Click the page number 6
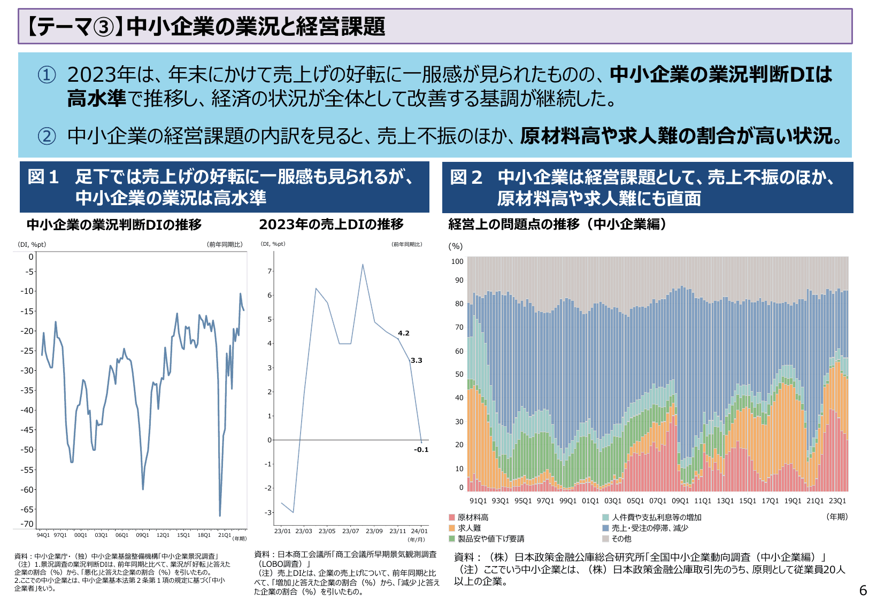coord(863,590)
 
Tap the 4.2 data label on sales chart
coord(403,333)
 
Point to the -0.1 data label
coord(421,450)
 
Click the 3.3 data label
coord(416,361)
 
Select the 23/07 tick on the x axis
coord(350,531)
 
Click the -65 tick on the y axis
coord(27,510)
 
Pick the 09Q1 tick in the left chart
coord(142,535)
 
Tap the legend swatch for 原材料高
coord(452,517)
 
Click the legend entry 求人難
coord(469,528)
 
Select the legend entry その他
coord(621,538)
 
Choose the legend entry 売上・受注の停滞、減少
coord(650,528)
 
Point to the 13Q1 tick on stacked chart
coord(725,501)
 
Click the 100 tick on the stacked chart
coord(457,261)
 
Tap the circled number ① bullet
coord(47,75)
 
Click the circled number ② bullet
coord(47,136)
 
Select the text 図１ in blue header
coord(43,177)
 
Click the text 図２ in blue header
coord(466,177)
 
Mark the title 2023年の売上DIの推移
coord(331,224)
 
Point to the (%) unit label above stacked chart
coord(455,246)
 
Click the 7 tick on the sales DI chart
coord(270,271)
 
